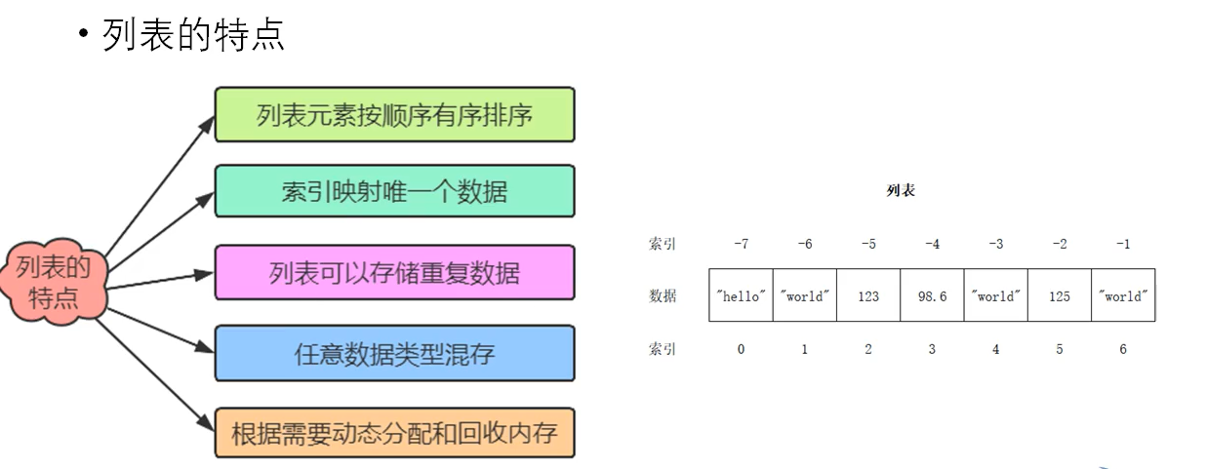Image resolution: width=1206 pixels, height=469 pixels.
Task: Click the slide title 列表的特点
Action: click(193, 34)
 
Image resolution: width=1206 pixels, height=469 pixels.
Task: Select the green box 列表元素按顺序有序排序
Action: click(394, 115)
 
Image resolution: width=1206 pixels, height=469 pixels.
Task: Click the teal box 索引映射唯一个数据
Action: click(394, 191)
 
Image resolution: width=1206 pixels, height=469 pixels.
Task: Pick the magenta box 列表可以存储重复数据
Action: click(394, 272)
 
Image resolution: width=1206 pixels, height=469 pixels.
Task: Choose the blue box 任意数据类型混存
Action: click(394, 353)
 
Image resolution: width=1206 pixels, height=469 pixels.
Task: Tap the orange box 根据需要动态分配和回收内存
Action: click(394, 432)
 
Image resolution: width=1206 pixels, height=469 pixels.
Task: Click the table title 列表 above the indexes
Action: click(901, 191)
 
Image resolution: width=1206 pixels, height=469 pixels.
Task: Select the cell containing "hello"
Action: click(741, 296)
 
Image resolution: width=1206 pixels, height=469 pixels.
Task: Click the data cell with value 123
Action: click(868, 296)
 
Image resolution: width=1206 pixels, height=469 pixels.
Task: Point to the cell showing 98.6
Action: click(932, 296)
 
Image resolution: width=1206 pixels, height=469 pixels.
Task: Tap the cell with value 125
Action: click(1060, 296)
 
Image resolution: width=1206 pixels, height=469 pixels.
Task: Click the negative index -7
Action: click(741, 244)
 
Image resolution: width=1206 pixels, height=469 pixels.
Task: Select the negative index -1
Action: click(1123, 244)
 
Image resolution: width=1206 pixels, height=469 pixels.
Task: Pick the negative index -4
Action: click(932, 244)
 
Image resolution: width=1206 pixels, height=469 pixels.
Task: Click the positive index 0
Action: click(741, 349)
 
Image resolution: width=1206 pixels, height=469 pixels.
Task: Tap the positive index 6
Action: click(1123, 349)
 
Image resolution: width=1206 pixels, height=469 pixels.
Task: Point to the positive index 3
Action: click(932, 349)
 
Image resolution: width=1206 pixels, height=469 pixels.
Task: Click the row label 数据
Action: click(663, 296)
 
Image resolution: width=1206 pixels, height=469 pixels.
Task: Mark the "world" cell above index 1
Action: click(804, 296)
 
